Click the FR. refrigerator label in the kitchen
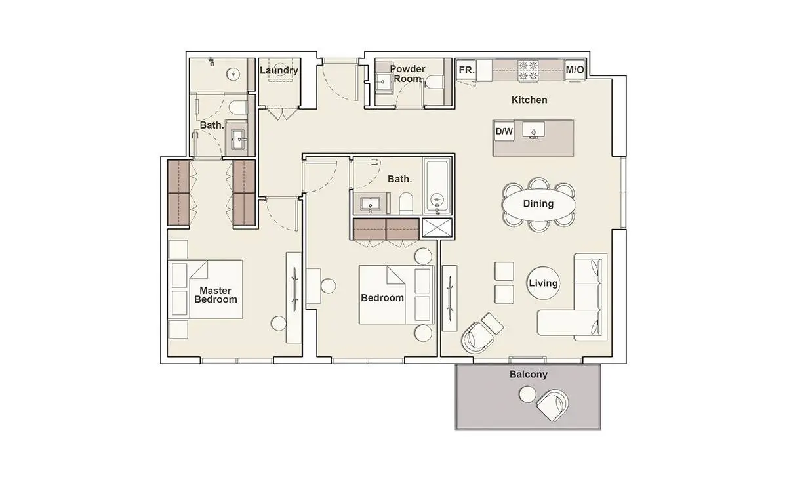click(x=466, y=70)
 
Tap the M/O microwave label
click(x=575, y=70)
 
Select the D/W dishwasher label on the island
click(x=504, y=131)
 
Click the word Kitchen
click(x=529, y=100)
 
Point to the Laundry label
click(x=279, y=70)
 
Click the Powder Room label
click(x=407, y=74)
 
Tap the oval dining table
click(x=538, y=204)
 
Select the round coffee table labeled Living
click(x=543, y=283)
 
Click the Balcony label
click(x=529, y=375)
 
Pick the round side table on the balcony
click(x=527, y=394)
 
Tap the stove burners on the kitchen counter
click(x=529, y=71)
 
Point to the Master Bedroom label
click(x=215, y=295)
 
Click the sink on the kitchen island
click(x=533, y=130)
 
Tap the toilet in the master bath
click(x=238, y=107)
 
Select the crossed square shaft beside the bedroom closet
click(x=436, y=227)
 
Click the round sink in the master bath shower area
click(x=233, y=74)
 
